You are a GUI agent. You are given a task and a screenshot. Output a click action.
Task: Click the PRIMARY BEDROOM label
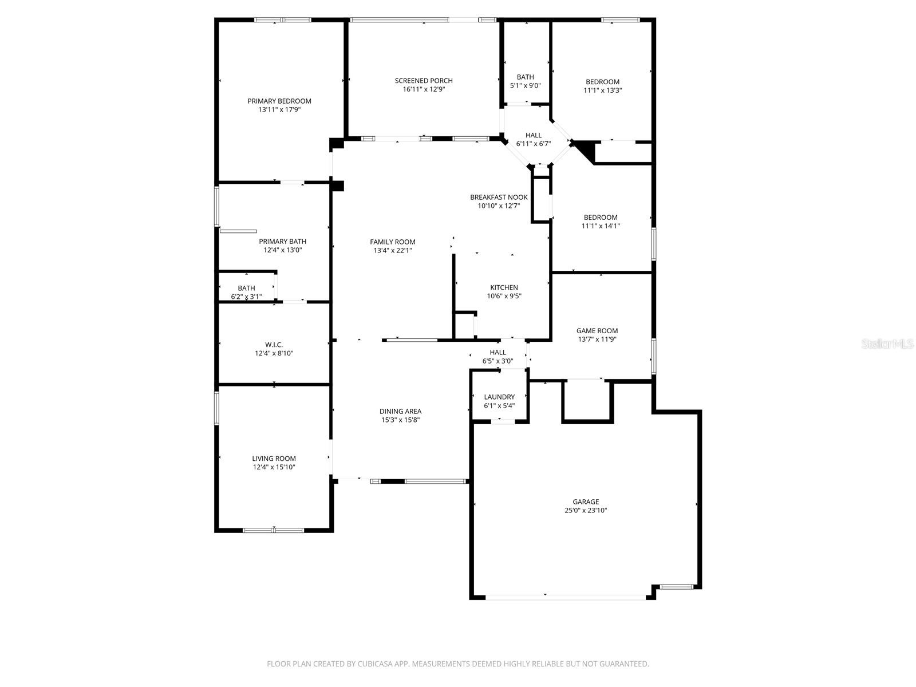pos(279,101)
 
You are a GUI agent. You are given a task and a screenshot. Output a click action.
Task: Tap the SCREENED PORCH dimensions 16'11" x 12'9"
pos(424,89)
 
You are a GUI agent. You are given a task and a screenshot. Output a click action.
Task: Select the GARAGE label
pos(586,502)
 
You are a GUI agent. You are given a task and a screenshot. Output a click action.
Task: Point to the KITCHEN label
pos(504,287)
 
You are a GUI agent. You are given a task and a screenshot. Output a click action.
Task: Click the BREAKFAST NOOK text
pos(499,197)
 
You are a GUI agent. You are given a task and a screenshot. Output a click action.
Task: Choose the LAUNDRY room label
pos(499,397)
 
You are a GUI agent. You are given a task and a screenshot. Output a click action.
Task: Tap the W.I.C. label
pos(274,345)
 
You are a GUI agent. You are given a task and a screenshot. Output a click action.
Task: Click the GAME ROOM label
pos(597,330)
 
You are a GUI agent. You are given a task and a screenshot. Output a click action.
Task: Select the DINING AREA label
pos(400,411)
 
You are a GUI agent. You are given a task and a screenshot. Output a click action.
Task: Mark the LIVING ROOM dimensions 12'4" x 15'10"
pos(274,467)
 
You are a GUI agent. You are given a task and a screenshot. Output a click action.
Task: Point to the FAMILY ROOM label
pos(392,242)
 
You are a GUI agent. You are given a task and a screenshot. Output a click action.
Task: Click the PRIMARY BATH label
pos(282,242)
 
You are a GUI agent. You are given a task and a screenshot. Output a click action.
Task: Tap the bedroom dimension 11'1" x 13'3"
pos(602,90)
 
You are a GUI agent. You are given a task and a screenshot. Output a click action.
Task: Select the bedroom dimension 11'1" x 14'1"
pos(601,226)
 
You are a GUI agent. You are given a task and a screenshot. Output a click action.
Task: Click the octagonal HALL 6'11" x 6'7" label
pos(533,136)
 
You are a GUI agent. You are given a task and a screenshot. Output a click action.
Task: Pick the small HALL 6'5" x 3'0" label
pos(498,352)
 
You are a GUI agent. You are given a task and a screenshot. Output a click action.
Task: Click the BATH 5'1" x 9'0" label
pos(525,77)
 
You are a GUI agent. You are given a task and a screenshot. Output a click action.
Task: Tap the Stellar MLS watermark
pos(887,344)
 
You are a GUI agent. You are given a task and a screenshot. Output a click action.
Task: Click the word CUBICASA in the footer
pos(374,664)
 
